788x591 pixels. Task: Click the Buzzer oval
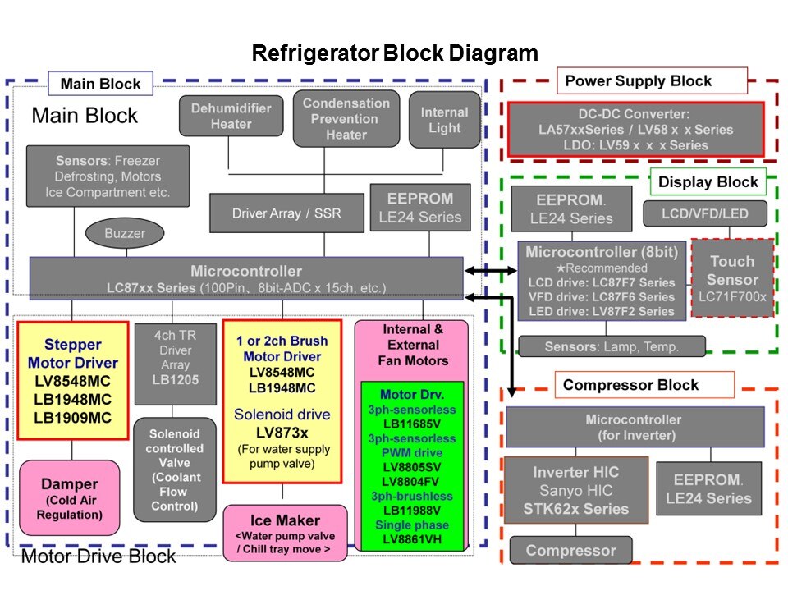pos(124,233)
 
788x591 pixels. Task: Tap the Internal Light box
pos(444,120)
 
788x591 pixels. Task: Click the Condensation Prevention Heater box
pos(346,119)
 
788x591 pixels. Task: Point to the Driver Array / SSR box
pos(286,213)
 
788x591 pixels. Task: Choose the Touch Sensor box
pos(731,278)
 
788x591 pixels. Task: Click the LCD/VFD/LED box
pos(705,213)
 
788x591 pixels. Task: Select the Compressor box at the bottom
pos(570,551)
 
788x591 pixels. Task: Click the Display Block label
pos(708,181)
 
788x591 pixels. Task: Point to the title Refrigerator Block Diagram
pos(394,54)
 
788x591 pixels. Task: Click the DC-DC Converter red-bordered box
pos(636,130)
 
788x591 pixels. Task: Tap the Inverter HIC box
pos(575,490)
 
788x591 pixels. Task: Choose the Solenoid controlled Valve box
pos(175,470)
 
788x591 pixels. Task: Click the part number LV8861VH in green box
pos(412,539)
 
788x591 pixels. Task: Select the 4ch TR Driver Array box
pos(175,364)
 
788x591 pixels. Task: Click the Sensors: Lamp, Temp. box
pos(612,346)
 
